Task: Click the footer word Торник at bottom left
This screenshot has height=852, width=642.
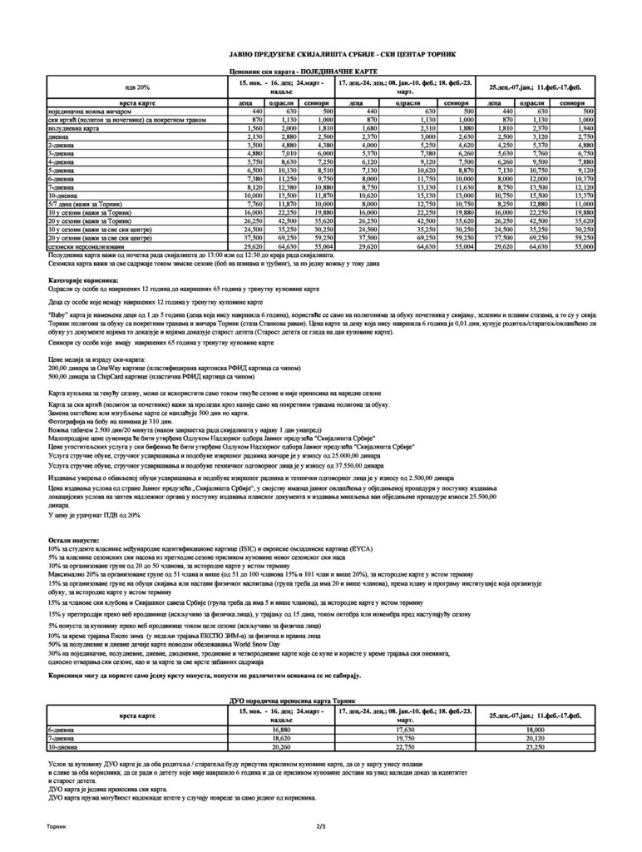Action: click(x=60, y=827)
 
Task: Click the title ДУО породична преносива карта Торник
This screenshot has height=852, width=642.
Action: click(x=320, y=703)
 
